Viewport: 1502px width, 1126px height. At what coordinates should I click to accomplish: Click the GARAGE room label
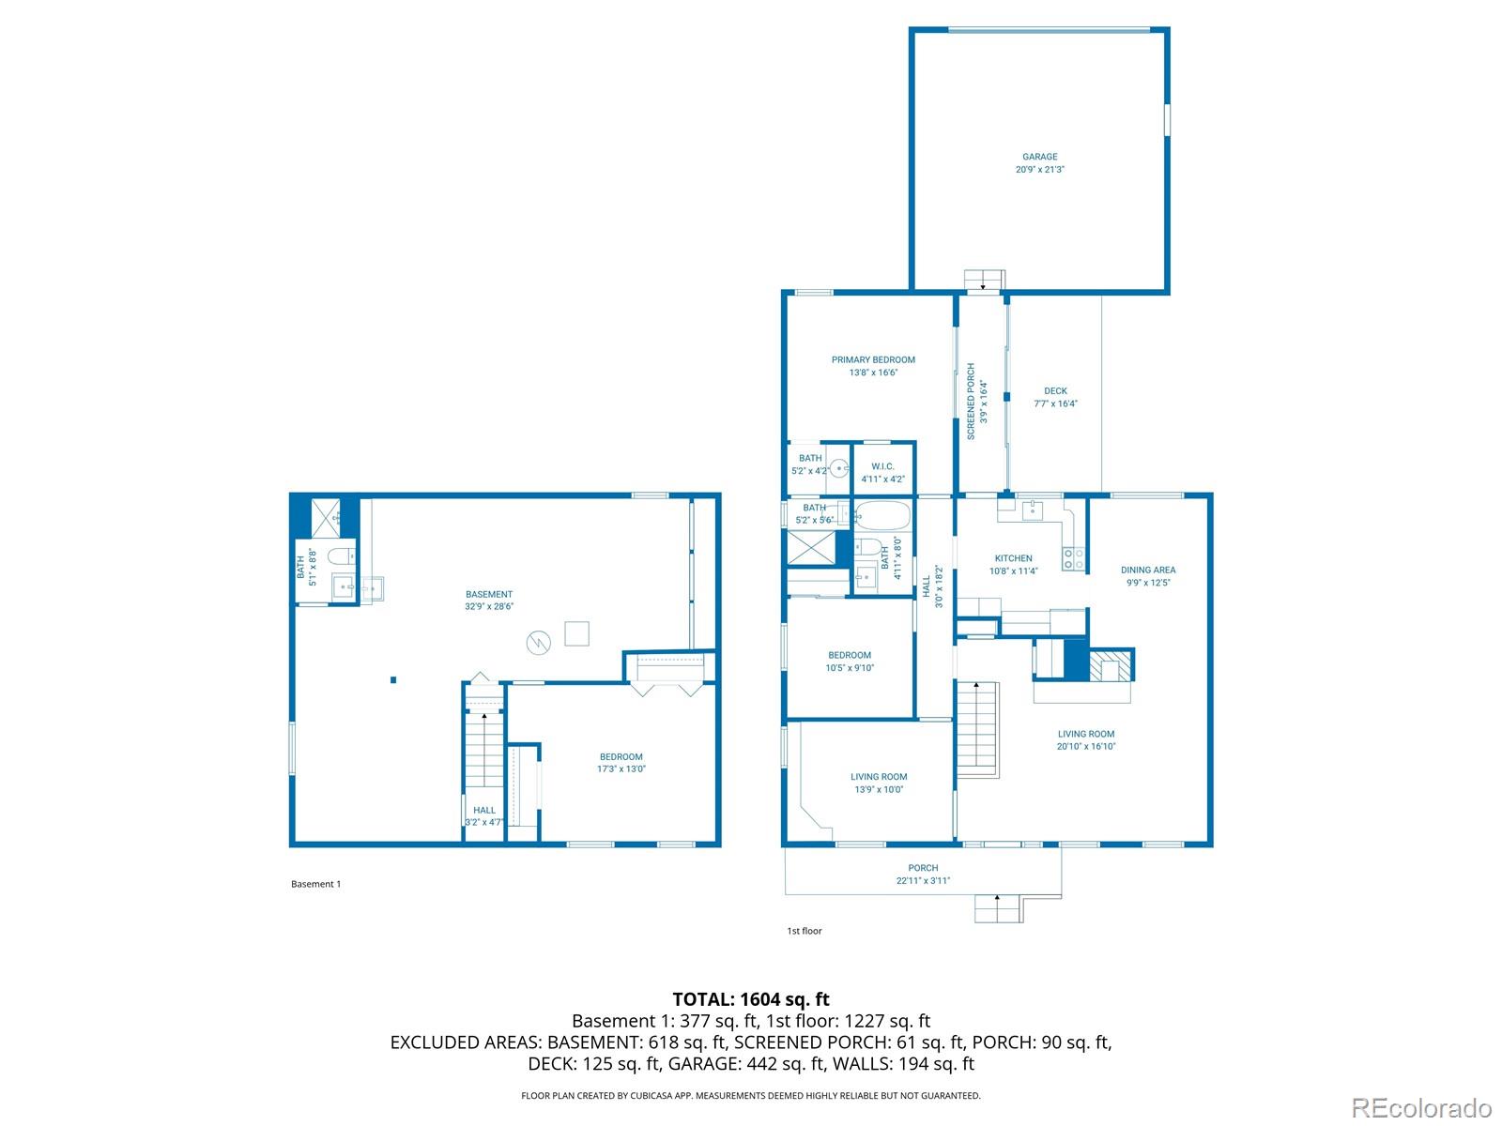pos(1039,157)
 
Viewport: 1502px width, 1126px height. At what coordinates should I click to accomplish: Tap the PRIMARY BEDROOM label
pos(872,359)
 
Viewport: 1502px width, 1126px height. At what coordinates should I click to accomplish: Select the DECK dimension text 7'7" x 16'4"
pos(1055,403)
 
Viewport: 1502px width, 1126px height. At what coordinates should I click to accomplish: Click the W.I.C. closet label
pos(882,466)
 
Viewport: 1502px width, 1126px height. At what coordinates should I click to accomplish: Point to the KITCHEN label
pos(1013,558)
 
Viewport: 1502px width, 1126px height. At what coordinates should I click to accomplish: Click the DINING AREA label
pos(1147,571)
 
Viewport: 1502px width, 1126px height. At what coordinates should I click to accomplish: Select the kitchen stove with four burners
pos(1072,558)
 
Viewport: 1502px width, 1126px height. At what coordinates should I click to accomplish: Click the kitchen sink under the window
pos(1032,509)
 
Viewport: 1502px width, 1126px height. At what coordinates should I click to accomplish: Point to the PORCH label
pos(923,868)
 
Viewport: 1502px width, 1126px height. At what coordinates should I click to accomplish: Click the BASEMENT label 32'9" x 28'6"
pos(488,594)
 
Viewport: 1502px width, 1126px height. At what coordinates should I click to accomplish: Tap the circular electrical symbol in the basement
pos(539,643)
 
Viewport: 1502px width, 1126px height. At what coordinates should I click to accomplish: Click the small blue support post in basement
pos(393,679)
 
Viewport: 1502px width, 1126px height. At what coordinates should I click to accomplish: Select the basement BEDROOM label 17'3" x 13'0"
pos(621,757)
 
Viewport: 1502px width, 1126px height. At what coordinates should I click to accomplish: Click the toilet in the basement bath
pos(341,555)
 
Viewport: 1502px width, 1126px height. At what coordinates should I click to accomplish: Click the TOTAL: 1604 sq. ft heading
pos(751,999)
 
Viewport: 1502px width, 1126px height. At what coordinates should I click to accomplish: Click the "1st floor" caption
pos(804,931)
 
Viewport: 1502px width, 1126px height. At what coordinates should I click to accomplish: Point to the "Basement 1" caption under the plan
pos(315,884)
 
